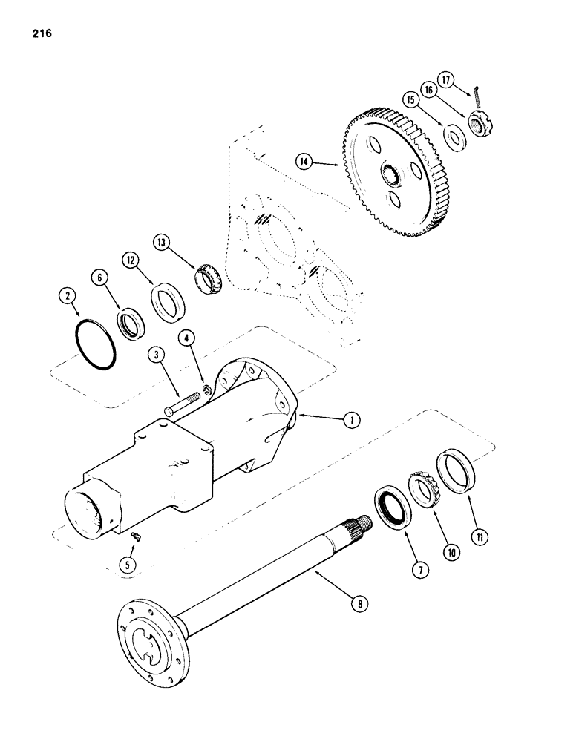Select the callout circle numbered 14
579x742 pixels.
(304, 160)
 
